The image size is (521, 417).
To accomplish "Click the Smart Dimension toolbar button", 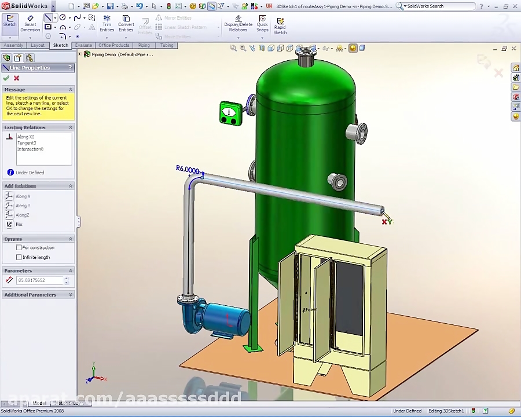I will pyautogui.click(x=30, y=24).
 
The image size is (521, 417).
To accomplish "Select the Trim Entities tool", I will pyautogui.click(x=107, y=24).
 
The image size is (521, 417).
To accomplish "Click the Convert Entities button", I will pyautogui.click(x=126, y=24).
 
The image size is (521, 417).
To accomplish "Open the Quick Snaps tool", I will pyautogui.click(x=262, y=24).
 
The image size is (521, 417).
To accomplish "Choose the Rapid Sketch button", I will pyautogui.click(x=280, y=26).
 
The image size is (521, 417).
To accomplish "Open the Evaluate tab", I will pyautogui.click(x=83, y=45).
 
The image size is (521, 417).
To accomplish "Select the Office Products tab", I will pyautogui.click(x=113, y=45).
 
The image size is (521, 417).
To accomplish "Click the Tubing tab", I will pyautogui.click(x=167, y=45).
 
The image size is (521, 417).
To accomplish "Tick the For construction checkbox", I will pyautogui.click(x=19, y=248).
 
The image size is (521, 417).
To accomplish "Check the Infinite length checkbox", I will pyautogui.click(x=19, y=257).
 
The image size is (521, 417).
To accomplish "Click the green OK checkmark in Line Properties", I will pyautogui.click(x=6, y=78).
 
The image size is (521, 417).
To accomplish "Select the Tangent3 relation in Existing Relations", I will pyautogui.click(x=27, y=143).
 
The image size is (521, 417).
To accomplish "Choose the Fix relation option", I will pyautogui.click(x=19, y=224).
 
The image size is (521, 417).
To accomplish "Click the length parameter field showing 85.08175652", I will pyautogui.click(x=39, y=280).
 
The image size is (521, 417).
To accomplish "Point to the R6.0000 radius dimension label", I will pyautogui.click(x=188, y=169).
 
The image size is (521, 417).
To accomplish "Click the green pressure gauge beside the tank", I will pyautogui.click(x=230, y=113).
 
